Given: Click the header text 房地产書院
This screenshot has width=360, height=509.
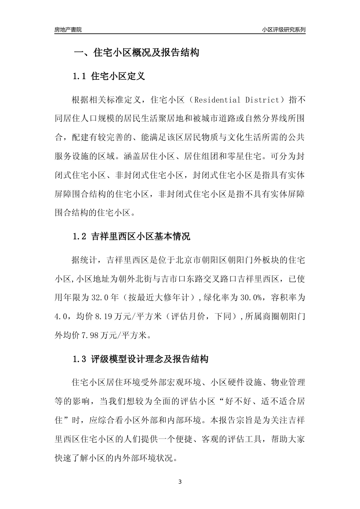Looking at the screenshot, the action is tap(68, 30).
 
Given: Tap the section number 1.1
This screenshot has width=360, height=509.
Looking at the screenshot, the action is tap(80, 77).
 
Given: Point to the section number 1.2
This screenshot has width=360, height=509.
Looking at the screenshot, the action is tap(80, 237).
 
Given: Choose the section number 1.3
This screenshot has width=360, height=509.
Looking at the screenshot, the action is tap(80, 359).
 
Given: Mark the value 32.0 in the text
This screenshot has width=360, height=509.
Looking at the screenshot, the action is tap(99, 298).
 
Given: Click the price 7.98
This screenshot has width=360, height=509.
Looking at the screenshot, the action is tap(89, 335).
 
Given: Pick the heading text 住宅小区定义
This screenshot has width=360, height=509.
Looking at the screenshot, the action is tap(118, 77).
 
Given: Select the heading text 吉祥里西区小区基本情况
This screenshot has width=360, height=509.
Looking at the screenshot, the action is tap(141, 237).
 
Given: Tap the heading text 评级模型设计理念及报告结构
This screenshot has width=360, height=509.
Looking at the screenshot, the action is tap(150, 359).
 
